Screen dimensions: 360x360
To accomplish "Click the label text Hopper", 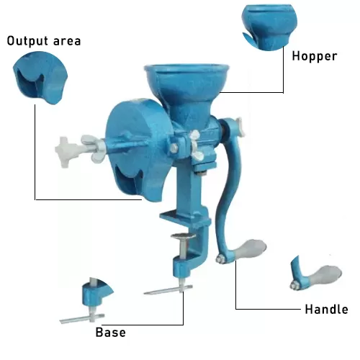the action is [x=315, y=57].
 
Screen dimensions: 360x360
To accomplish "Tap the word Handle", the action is [x=326, y=309].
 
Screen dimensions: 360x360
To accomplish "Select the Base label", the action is [x=110, y=333].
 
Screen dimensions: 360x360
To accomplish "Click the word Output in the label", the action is [x=27, y=41].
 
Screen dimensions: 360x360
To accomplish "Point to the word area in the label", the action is [x=67, y=42].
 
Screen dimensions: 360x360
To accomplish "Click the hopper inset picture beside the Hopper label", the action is [x=269, y=27].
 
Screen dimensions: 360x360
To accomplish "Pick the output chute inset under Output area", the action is [x=40, y=78].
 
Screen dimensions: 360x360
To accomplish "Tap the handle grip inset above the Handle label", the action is [x=316, y=274].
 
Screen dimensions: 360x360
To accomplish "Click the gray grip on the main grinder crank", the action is [x=250, y=249].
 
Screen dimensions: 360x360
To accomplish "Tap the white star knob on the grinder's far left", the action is [x=66, y=152].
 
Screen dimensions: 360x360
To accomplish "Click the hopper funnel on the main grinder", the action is [x=186, y=91].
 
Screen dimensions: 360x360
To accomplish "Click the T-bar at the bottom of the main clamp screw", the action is [x=168, y=290].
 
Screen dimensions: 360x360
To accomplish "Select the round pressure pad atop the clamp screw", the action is [x=184, y=236].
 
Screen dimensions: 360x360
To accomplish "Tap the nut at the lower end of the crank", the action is [x=221, y=259].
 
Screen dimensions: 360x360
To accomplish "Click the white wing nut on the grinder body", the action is [x=197, y=145].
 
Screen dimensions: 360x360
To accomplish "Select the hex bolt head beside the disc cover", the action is [x=174, y=148].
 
